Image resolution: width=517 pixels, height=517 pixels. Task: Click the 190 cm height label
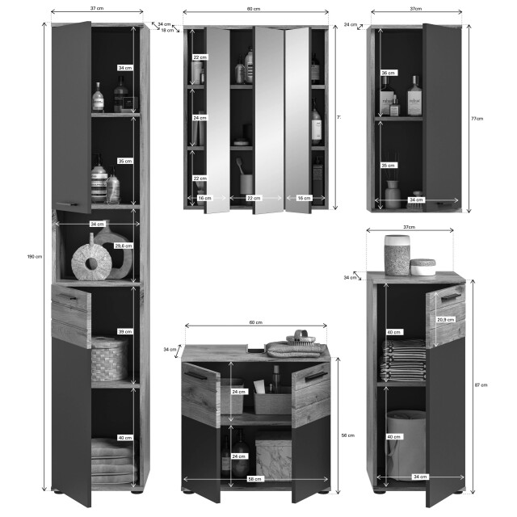coord(34,256)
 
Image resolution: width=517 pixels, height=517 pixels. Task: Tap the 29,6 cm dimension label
coord(124,246)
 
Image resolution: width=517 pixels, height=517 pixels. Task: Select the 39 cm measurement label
coord(124,331)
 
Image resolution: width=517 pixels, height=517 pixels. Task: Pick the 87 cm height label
coord(481,385)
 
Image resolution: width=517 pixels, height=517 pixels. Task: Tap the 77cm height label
coord(477,118)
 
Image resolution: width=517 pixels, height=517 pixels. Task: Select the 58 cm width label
coord(255,480)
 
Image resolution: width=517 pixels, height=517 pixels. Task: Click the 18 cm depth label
coord(166,30)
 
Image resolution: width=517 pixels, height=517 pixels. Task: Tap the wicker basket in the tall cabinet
coord(109,359)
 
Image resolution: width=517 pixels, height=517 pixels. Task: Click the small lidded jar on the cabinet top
coord(422,267)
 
